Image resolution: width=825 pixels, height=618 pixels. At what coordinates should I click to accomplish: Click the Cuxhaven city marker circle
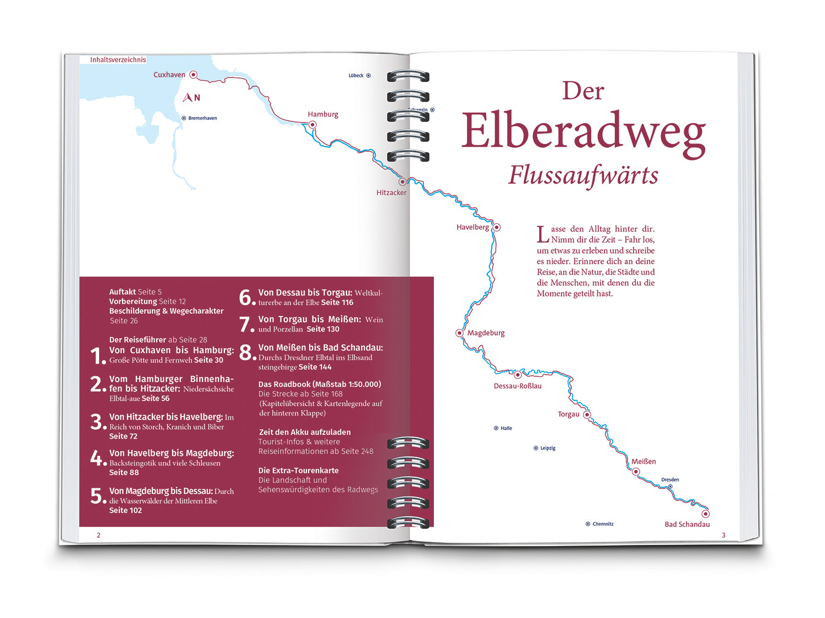(193, 74)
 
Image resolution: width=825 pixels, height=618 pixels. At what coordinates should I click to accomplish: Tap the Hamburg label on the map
(323, 114)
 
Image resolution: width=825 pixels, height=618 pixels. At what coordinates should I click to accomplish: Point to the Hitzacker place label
(391, 192)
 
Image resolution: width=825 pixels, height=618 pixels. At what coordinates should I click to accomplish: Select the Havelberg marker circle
(496, 227)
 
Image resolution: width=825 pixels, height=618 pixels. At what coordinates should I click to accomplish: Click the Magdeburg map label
(486, 333)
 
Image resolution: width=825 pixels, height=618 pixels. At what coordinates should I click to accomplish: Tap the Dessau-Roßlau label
(518, 386)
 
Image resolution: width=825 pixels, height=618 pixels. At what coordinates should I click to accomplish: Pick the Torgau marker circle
(587, 415)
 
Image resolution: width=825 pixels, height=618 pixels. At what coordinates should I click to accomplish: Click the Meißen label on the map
(643, 461)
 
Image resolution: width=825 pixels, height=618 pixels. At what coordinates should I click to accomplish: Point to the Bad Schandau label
(687, 524)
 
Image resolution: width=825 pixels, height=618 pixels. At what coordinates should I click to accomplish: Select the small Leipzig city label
(548, 448)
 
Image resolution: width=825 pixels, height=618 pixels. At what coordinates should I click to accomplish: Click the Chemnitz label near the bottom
(603, 524)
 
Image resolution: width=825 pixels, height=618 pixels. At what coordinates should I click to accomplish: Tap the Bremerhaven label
(202, 118)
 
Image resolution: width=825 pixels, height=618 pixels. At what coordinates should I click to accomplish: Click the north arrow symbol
(188, 98)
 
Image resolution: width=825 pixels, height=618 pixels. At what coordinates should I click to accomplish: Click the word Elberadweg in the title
(583, 132)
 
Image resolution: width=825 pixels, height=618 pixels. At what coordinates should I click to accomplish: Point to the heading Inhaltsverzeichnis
(118, 59)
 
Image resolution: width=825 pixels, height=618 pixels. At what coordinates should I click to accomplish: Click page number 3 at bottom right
(724, 535)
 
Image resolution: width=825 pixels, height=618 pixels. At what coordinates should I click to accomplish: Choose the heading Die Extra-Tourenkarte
(299, 470)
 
